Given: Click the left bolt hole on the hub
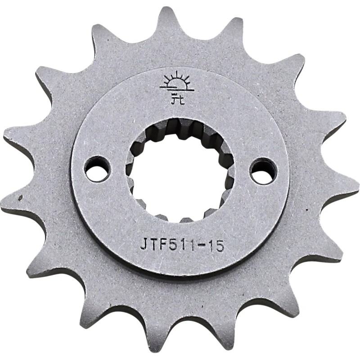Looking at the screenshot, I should click(97, 169).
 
